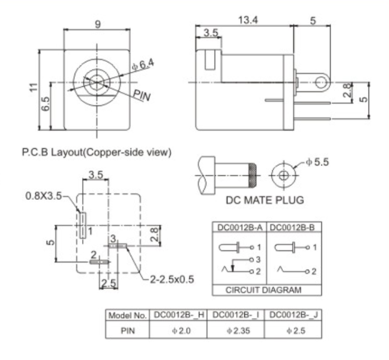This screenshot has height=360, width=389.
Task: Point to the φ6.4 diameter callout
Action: click(142, 65)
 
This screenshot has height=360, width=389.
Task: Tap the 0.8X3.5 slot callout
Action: click(44, 196)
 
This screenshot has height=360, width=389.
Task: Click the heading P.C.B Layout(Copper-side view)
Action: click(96, 153)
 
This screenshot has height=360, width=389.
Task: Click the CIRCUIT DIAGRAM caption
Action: click(266, 290)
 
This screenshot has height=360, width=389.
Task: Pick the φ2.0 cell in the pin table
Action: click(178, 330)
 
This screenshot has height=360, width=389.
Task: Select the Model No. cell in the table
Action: click(127, 315)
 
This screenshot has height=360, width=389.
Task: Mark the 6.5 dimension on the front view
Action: click(47, 105)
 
